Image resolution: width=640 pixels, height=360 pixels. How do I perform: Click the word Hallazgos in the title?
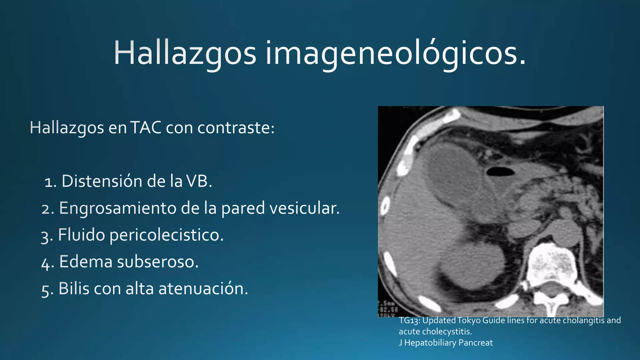tap(184, 53)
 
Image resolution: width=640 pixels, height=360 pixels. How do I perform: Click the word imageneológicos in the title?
tap(395, 53)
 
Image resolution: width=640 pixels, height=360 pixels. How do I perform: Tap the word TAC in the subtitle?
tap(146, 127)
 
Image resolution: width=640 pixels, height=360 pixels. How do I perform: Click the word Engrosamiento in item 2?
tap(117, 208)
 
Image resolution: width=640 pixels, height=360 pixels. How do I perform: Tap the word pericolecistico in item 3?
tap(167, 235)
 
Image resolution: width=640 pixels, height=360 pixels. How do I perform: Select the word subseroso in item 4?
tap(157, 262)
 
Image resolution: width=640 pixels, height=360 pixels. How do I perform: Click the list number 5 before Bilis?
tap(45, 289)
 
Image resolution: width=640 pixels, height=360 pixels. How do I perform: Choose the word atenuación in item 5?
tap(203, 288)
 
